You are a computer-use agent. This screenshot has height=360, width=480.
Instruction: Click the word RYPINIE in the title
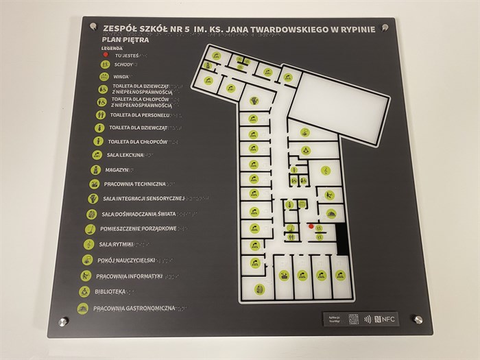pos(357,29)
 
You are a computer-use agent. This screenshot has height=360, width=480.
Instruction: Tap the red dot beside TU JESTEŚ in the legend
pos(106,54)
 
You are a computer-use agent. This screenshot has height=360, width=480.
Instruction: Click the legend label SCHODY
pos(125,65)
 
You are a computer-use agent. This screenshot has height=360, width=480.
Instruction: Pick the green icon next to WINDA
pos(104,77)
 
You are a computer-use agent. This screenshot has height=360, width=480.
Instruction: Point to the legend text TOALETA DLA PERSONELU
pos(138,115)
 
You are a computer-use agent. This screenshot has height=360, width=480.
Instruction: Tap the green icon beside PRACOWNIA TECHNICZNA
pos(94,184)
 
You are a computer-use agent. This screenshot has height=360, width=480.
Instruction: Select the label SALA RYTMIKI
pos(115,244)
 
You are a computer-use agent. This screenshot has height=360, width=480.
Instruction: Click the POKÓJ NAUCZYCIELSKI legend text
pos(126,261)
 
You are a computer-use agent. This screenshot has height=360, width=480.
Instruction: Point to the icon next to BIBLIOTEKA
pos(84,291)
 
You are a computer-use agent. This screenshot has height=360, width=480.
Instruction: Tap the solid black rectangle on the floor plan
pos(342,241)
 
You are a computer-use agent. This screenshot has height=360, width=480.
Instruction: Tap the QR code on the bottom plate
pos(354,319)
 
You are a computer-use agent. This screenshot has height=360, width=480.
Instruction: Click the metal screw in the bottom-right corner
pos(416,320)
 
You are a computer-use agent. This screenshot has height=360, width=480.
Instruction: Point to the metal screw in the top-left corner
pos(94,27)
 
